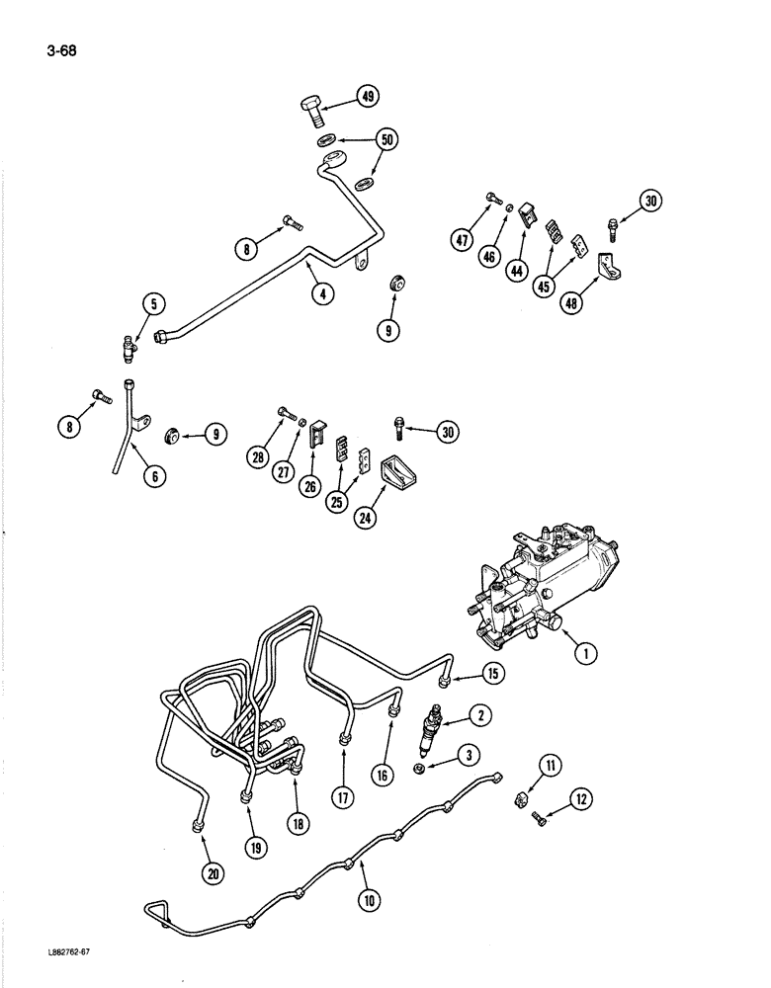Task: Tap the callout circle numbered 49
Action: pyautogui.click(x=368, y=97)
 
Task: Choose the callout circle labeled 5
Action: pyautogui.click(x=152, y=306)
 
